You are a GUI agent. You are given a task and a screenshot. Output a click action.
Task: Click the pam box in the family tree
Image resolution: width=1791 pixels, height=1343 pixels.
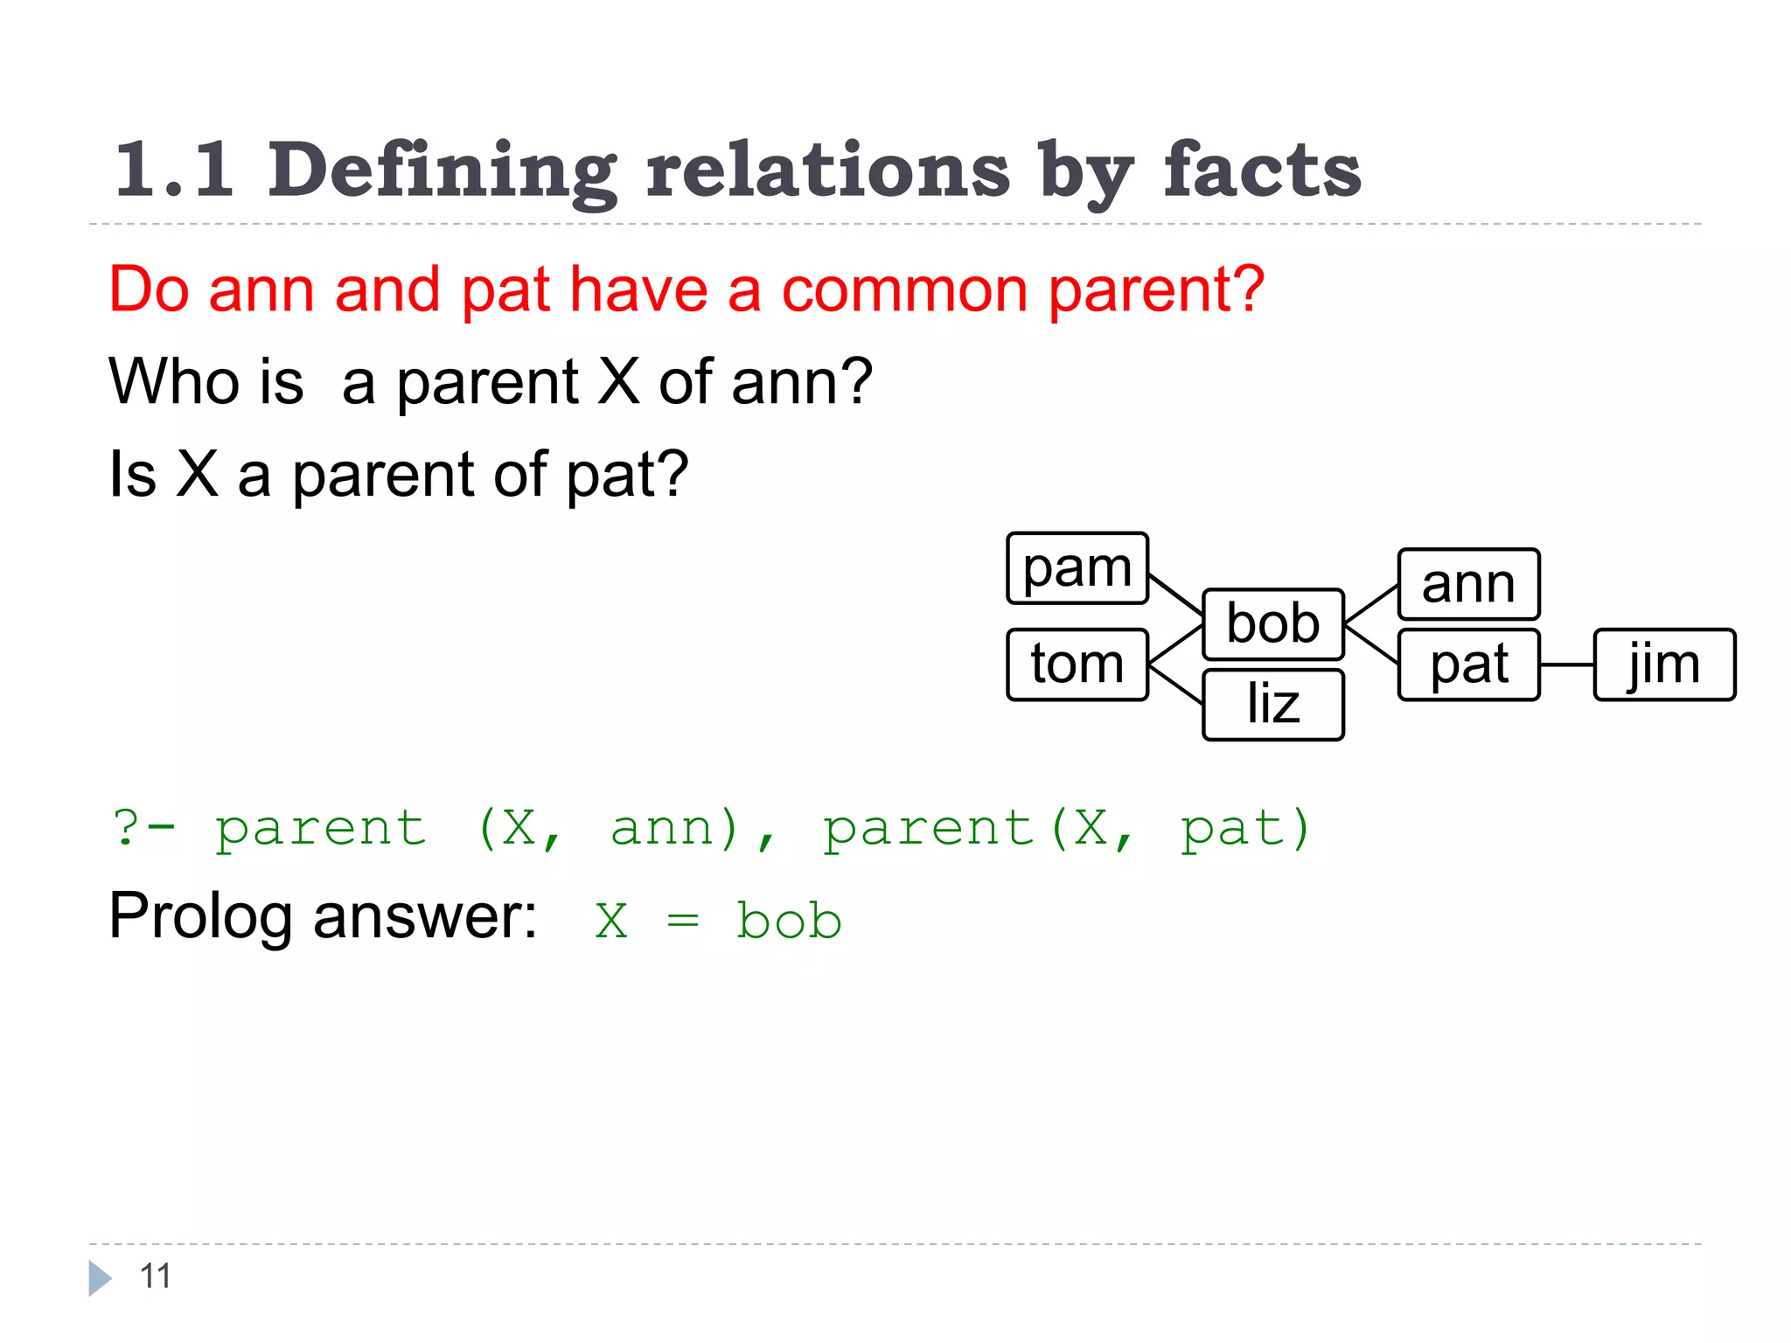(1077, 568)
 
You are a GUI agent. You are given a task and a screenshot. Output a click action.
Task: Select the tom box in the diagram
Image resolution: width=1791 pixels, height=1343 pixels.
(1077, 665)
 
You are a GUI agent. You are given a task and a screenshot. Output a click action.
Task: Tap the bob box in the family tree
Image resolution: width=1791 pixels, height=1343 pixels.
(1272, 624)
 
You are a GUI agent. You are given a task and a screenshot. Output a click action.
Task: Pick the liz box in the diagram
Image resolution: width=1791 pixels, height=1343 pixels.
(1272, 705)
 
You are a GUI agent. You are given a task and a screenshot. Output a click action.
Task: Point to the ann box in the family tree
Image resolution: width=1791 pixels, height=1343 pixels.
(1468, 584)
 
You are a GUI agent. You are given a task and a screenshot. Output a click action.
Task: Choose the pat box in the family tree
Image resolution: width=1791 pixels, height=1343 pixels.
(1468, 665)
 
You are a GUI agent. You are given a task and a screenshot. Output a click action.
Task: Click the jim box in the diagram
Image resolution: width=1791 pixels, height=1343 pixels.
(1664, 665)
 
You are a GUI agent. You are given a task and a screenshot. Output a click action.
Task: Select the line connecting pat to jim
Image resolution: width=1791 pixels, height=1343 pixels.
(1566, 665)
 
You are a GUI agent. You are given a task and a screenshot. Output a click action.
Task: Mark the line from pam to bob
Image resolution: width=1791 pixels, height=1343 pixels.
(1175, 595)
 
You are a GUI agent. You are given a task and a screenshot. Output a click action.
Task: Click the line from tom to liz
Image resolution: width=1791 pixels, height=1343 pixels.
(1175, 684)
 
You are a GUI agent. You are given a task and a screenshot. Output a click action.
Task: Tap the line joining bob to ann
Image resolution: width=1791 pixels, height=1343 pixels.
(1371, 604)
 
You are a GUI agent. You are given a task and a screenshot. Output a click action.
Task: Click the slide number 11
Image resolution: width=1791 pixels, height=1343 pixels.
(156, 1277)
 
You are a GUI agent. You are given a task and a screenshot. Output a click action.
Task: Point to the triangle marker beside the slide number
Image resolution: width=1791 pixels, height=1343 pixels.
(99, 1278)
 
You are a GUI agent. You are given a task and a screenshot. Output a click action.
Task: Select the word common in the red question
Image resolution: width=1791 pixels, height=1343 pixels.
(904, 290)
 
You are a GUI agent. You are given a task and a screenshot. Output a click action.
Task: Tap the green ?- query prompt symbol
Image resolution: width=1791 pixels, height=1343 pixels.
(143, 827)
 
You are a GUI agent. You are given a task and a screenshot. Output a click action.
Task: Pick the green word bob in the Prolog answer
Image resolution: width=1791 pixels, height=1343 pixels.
(789, 922)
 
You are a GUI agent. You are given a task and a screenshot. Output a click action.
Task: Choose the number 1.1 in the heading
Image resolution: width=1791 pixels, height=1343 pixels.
(175, 170)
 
